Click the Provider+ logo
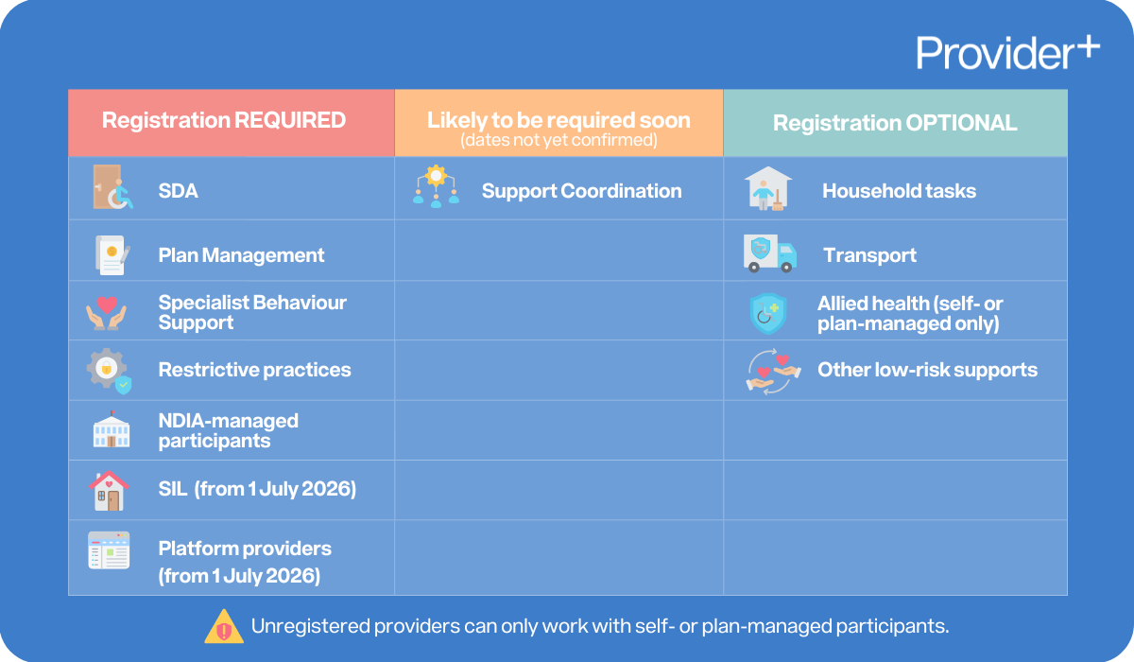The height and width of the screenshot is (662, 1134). (x=1007, y=52)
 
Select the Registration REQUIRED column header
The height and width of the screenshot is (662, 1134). (x=224, y=121)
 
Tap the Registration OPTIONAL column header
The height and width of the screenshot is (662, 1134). (x=894, y=123)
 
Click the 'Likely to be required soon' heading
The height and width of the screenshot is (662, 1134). (x=558, y=121)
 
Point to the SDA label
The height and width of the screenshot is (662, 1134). (x=178, y=191)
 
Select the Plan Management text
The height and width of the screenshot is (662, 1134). (x=241, y=255)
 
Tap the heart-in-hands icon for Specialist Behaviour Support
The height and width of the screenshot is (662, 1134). (x=107, y=313)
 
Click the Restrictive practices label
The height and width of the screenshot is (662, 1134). (x=254, y=370)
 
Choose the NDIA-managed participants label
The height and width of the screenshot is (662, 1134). (x=228, y=430)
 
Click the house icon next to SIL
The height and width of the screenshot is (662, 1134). (x=108, y=490)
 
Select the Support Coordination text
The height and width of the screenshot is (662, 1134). (x=581, y=191)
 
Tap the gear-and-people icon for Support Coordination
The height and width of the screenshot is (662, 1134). (x=436, y=186)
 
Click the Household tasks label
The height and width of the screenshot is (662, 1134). (x=899, y=191)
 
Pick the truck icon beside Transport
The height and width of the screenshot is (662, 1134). (x=769, y=254)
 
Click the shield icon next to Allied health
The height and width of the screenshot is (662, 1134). (x=767, y=313)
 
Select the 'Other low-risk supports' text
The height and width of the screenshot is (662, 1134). (x=927, y=370)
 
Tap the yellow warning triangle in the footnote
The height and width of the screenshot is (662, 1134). (x=224, y=626)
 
